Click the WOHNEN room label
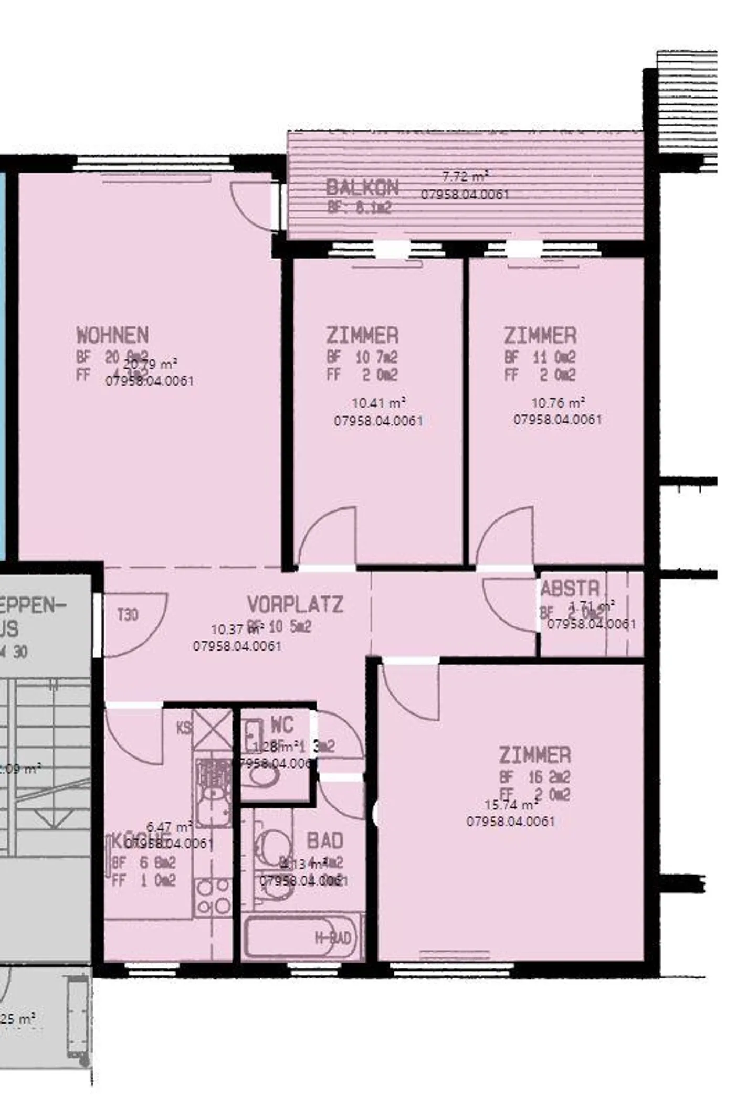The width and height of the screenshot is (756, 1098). [112, 335]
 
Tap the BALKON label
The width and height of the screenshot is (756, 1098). [362, 187]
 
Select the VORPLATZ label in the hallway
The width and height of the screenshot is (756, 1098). [295, 605]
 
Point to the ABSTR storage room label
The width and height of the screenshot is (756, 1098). [570, 589]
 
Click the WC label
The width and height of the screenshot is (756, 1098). [281, 726]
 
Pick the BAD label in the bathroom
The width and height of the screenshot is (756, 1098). [325, 841]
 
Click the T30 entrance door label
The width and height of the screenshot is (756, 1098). [128, 614]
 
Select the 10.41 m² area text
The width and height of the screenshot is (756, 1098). [378, 403]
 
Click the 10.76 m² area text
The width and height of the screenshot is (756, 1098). [558, 403]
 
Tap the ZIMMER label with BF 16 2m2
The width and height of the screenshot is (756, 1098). [534, 755]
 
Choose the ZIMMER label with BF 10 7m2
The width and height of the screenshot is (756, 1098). [362, 335]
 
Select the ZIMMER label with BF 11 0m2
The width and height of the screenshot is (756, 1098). [540, 335]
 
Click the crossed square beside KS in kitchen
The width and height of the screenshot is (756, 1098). [213, 730]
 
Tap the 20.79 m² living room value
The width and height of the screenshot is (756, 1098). [150, 364]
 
